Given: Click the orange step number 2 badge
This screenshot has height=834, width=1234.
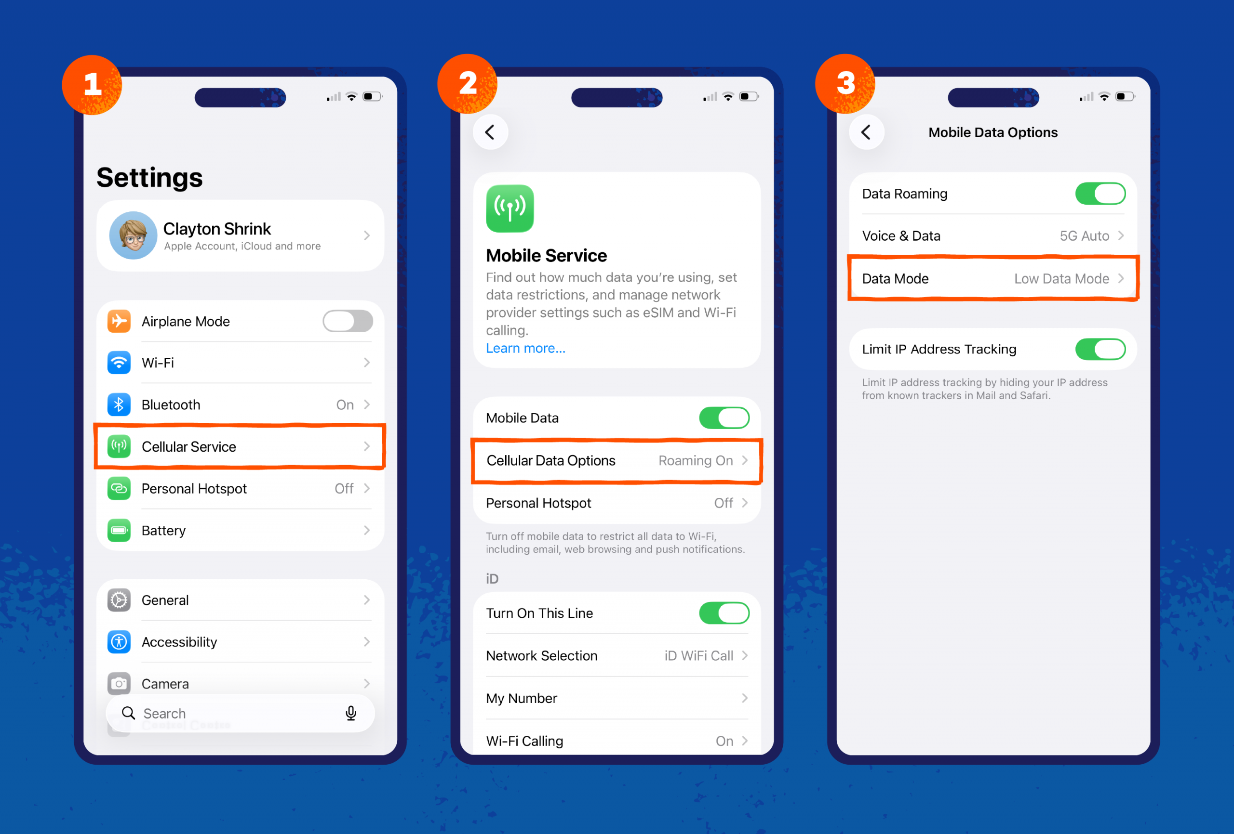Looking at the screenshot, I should pyautogui.click(x=467, y=84).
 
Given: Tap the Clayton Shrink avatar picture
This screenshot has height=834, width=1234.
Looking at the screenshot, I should pyautogui.click(x=133, y=235).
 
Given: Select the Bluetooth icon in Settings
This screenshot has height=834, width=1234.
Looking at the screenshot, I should pyautogui.click(x=119, y=405).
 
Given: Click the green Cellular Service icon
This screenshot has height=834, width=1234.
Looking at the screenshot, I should pyautogui.click(x=119, y=447).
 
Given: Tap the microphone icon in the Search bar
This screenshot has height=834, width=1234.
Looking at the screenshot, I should pyautogui.click(x=350, y=713).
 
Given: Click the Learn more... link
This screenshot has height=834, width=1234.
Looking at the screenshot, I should pyautogui.click(x=525, y=348).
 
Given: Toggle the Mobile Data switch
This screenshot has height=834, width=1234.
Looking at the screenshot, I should pyautogui.click(x=724, y=418).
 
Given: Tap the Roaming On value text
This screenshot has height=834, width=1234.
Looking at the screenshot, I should pyautogui.click(x=695, y=460).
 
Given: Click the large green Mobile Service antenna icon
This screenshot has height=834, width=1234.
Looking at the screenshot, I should pyautogui.click(x=510, y=208).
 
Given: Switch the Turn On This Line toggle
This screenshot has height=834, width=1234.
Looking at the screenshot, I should pyautogui.click(x=724, y=613).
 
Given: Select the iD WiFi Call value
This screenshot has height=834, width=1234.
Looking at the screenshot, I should pyautogui.click(x=698, y=656).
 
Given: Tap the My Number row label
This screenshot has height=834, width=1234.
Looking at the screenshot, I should pyautogui.click(x=522, y=698).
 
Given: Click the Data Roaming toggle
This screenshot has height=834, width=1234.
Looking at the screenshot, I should pyautogui.click(x=1100, y=194).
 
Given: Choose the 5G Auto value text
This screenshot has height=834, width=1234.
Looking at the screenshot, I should pyautogui.click(x=1084, y=236).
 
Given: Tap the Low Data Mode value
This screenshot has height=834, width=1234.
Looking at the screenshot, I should pyautogui.click(x=1061, y=278).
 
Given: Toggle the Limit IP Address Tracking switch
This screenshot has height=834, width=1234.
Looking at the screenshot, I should pyautogui.click(x=1100, y=349).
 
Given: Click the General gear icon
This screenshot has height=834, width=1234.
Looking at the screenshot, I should pyautogui.click(x=119, y=600).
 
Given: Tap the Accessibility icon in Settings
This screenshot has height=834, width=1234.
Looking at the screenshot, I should pyautogui.click(x=119, y=642).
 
